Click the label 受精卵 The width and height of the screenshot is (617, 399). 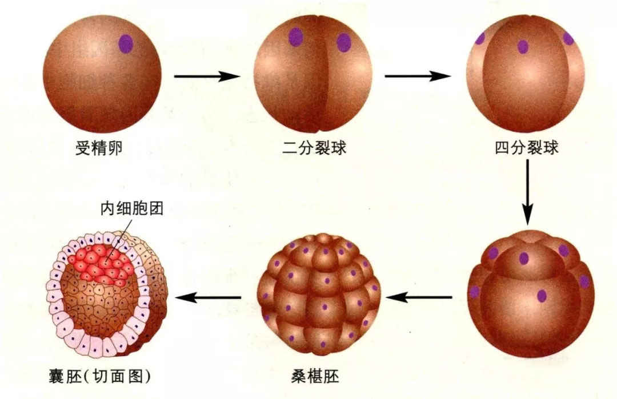point(99,148)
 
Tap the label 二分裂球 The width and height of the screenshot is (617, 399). point(314,148)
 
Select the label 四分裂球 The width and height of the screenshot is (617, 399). point(527,148)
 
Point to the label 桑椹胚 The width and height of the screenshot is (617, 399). point(315,377)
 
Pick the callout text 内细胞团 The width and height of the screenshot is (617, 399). point(132,209)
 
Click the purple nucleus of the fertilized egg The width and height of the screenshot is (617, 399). point(126,43)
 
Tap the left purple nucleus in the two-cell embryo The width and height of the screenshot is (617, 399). point(295,37)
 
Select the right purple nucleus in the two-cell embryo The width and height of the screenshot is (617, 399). point(343,42)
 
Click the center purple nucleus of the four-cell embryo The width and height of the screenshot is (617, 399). point(523,47)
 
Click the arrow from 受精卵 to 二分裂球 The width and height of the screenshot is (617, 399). point(207,76)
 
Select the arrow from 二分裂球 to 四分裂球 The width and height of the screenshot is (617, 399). point(418,76)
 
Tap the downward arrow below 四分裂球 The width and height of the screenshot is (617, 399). point(528,192)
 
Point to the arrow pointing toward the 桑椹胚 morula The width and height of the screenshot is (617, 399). point(419,297)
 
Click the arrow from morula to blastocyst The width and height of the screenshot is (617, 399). point(208,297)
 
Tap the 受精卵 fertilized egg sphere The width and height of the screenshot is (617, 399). point(102,74)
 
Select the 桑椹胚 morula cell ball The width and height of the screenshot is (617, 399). point(319,293)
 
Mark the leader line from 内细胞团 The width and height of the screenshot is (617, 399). point(118,239)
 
